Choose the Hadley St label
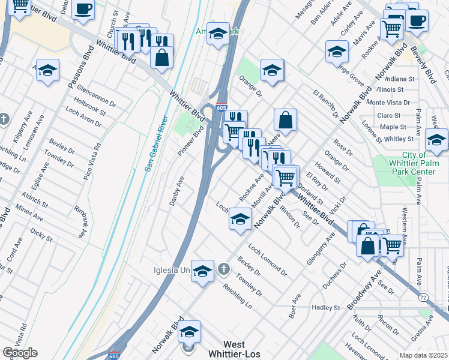pyautogui.click(x=326, y=307)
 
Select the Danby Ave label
pyautogui.click(x=177, y=191)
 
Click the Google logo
pyautogui.click(x=20, y=353)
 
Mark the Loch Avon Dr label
pyautogui.click(x=83, y=118)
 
